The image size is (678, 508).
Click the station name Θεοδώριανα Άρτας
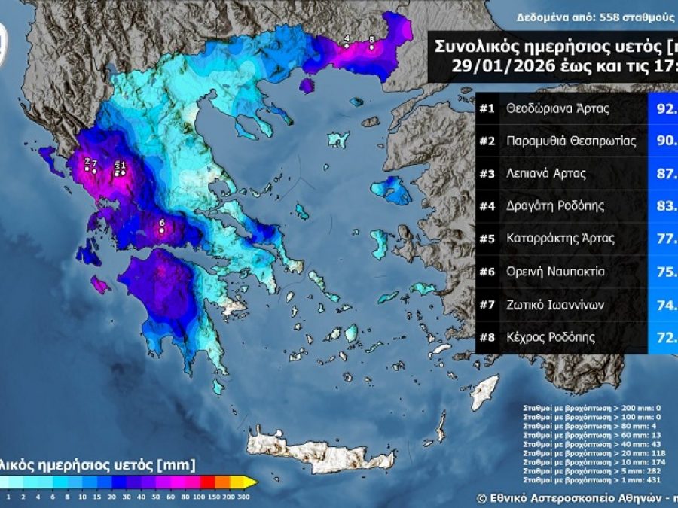[x=558, y=108]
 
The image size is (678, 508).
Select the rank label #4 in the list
[x=487, y=206]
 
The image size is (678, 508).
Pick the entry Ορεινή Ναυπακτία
[x=556, y=272]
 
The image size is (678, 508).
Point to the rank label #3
[x=487, y=174]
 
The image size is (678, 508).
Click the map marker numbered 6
[x=162, y=230]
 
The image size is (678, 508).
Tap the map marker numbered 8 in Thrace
[x=371, y=47]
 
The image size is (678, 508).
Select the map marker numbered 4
[x=347, y=45]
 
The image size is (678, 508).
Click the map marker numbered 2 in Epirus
[x=87, y=168]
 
